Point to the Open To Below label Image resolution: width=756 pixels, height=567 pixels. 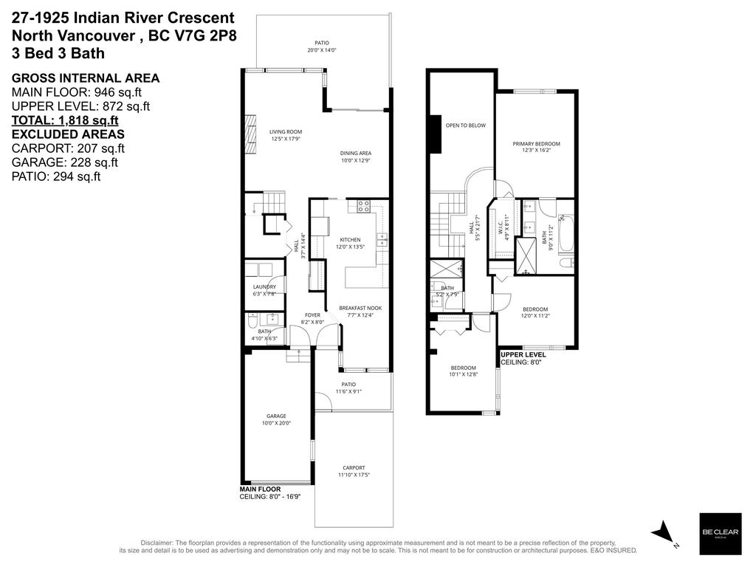click(465, 126)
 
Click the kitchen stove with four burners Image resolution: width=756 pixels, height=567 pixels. click(363, 207)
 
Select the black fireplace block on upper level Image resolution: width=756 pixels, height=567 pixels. click(436, 134)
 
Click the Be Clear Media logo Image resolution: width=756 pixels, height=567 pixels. click(720, 534)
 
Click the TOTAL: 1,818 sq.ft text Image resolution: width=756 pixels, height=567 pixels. click(65, 121)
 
